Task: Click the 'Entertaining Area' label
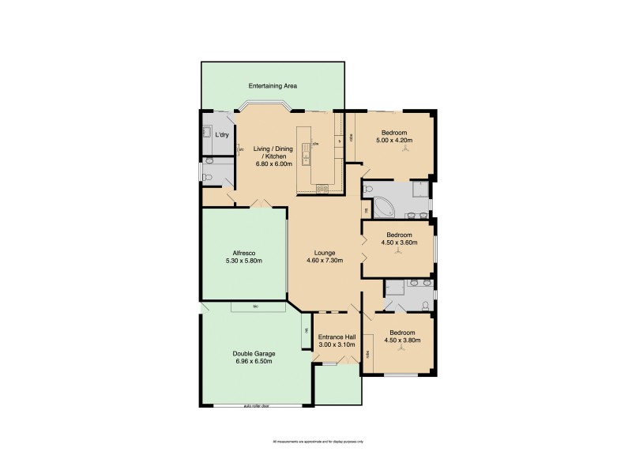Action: pos(273,85)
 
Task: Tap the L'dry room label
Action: pos(222,135)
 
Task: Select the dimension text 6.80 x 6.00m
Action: pos(273,164)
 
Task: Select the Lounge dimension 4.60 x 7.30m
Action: pos(324,261)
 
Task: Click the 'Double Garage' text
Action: pos(253,353)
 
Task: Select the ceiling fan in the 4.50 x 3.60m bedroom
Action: pos(398,251)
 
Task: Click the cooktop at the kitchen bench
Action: pos(322,188)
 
